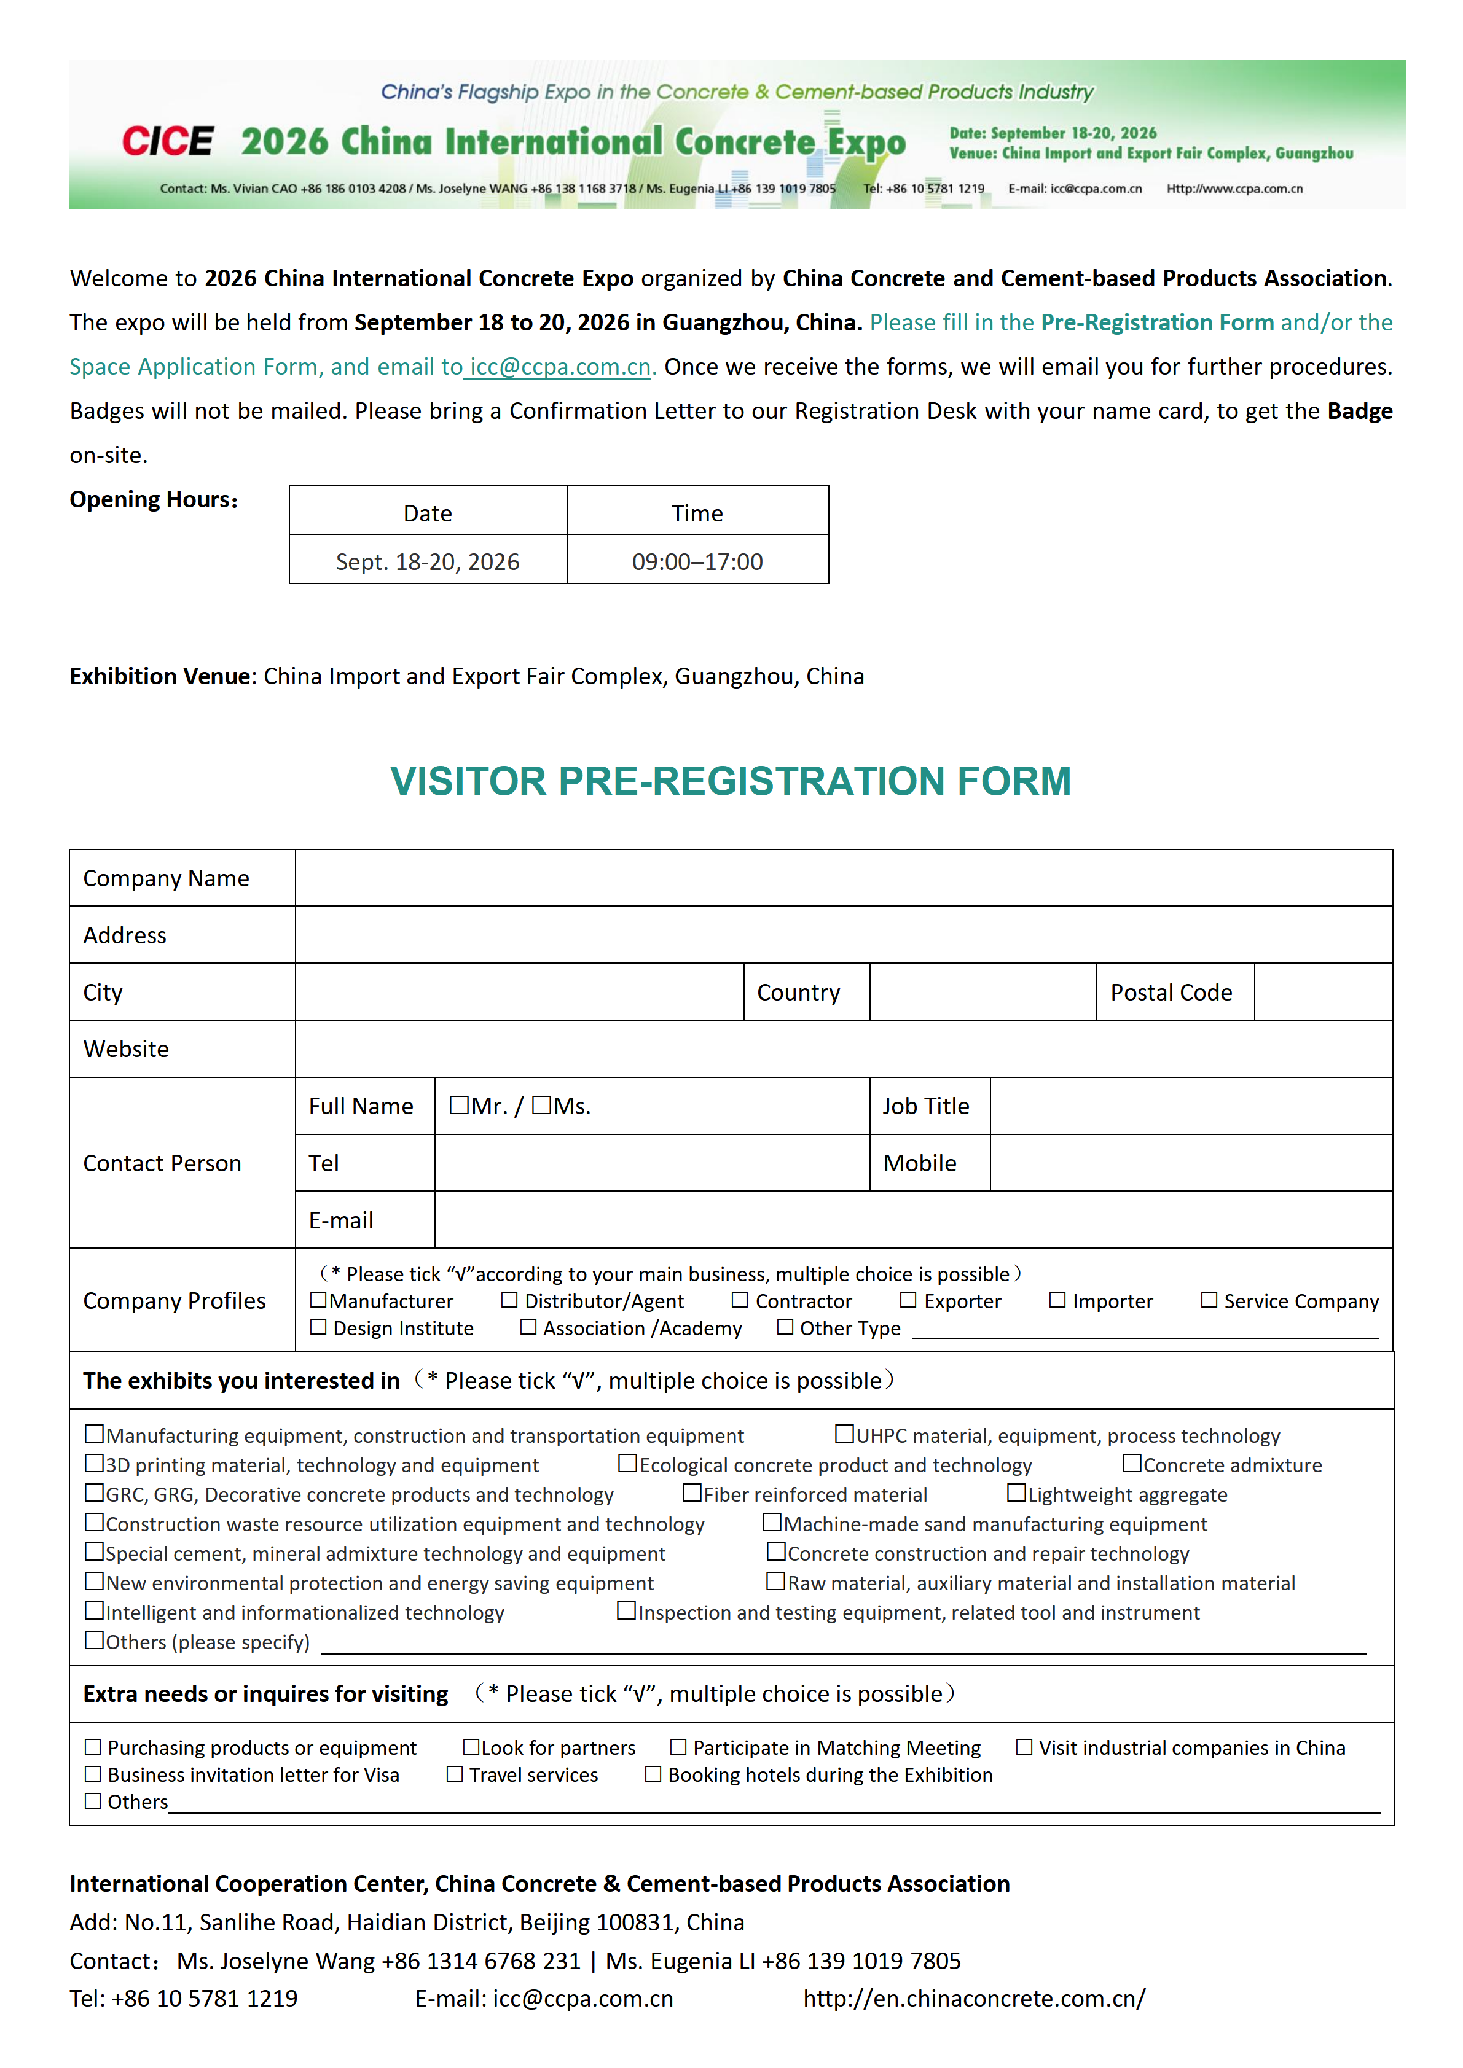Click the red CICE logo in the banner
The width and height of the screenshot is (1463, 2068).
[168, 141]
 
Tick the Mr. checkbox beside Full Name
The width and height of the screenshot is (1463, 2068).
[458, 1104]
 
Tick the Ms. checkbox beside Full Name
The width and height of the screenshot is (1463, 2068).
[541, 1104]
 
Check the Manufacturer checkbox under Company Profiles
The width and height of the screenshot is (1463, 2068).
[318, 1300]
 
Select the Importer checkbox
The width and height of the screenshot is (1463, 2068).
[1057, 1300]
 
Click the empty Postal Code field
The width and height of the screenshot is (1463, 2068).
[1322, 992]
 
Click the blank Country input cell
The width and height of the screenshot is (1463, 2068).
[982, 992]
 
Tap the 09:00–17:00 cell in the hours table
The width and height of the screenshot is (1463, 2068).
[697, 561]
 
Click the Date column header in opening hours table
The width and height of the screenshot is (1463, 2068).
[427, 512]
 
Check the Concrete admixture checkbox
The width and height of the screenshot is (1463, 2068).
[1131, 1464]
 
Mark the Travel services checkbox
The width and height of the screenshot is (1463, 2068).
[455, 1773]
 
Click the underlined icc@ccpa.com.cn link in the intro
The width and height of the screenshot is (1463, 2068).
[559, 367]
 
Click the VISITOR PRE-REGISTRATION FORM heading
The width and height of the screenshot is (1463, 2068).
[731, 781]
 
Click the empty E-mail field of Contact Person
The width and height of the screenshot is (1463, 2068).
[912, 1220]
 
